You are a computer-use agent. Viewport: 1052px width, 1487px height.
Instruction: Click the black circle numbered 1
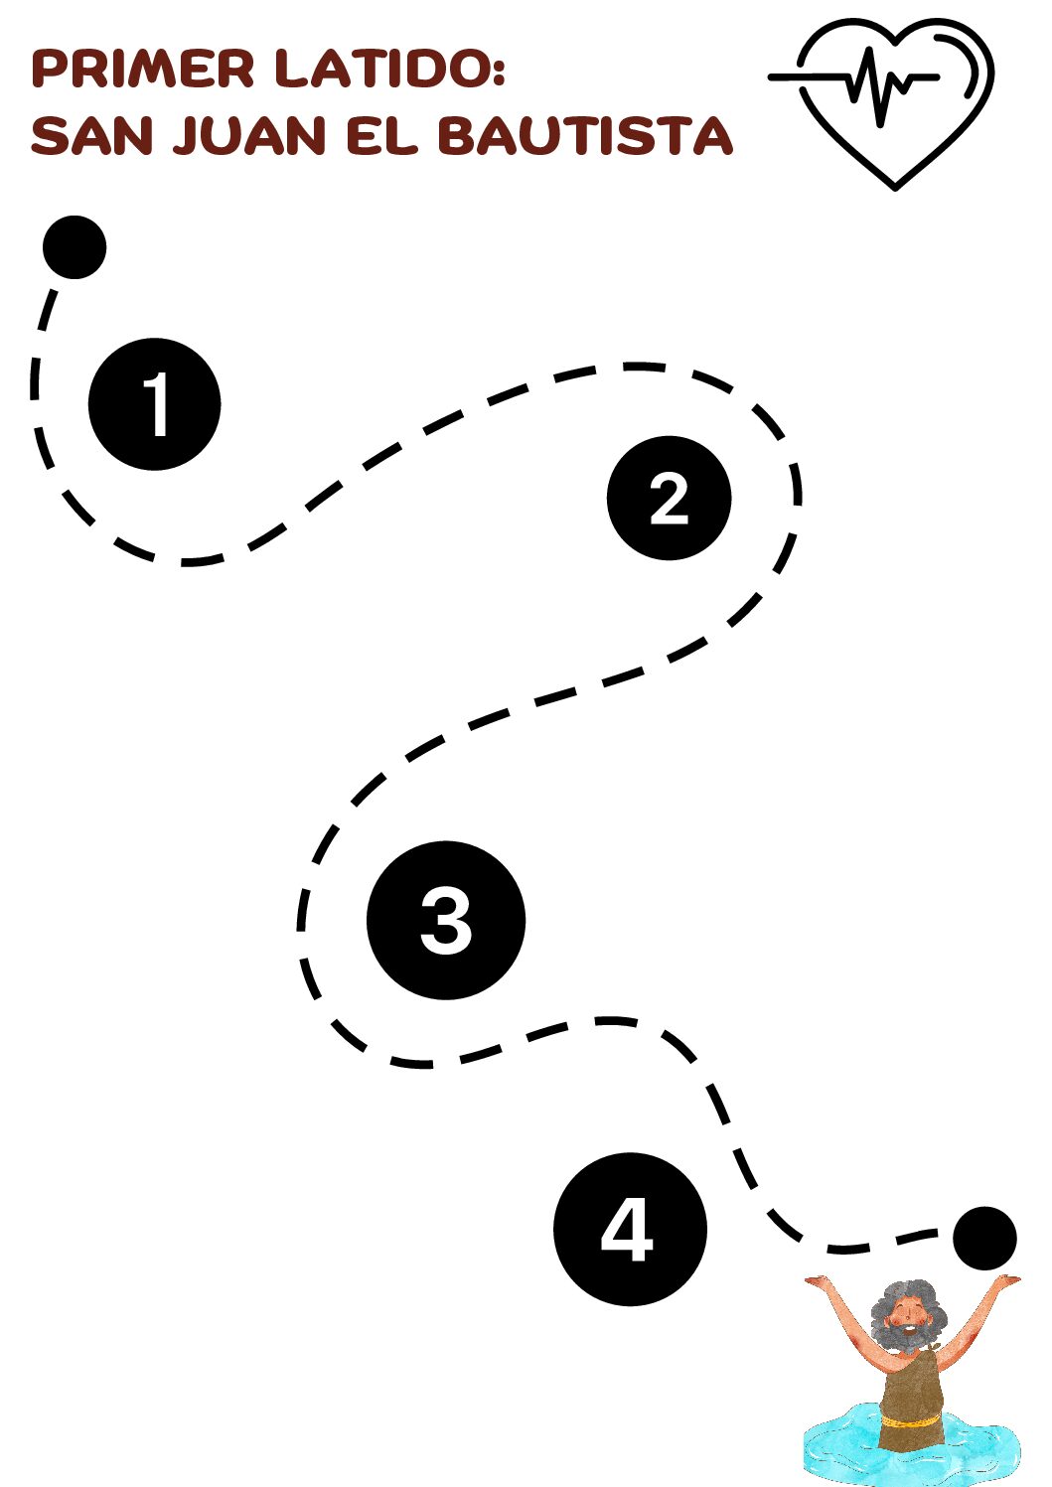pos(154,404)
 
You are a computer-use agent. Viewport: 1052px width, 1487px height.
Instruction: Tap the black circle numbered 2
pos(669,498)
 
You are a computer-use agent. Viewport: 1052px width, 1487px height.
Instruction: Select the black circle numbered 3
pos(445,920)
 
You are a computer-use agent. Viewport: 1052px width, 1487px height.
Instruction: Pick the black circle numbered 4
pos(630,1229)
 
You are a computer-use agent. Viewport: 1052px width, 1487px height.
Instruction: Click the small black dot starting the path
pos(75,247)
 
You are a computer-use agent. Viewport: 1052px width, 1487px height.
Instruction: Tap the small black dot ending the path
pos(984,1238)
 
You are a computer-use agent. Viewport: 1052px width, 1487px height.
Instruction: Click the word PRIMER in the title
pos(144,69)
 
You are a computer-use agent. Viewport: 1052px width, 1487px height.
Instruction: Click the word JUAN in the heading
pos(249,136)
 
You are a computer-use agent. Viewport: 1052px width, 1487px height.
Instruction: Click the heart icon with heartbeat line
pos(894,99)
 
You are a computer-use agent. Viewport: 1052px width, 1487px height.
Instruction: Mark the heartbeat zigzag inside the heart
pos(875,85)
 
